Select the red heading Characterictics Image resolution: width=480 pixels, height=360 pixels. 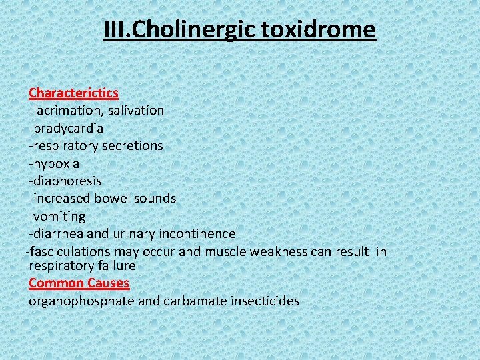pyautogui.click(x=73, y=92)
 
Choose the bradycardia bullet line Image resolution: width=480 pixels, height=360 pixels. pyautogui.click(x=66, y=127)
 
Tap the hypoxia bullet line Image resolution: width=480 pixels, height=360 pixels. pyautogui.click(x=54, y=163)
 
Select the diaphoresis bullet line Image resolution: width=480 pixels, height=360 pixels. pyautogui.click(x=65, y=181)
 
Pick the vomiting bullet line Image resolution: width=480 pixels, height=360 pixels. pyautogui.click(x=57, y=216)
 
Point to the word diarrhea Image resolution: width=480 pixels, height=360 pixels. pyautogui.click(x=58, y=233)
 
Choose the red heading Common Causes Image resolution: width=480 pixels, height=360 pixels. pyautogui.click(x=79, y=283)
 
